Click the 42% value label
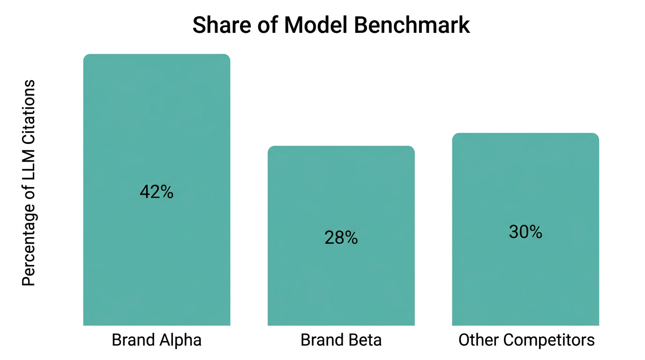point(157,192)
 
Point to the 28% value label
point(341,238)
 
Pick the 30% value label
point(525,232)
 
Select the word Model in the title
point(316,25)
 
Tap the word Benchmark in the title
point(411,25)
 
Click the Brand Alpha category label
point(157,340)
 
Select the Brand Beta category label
point(341,340)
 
